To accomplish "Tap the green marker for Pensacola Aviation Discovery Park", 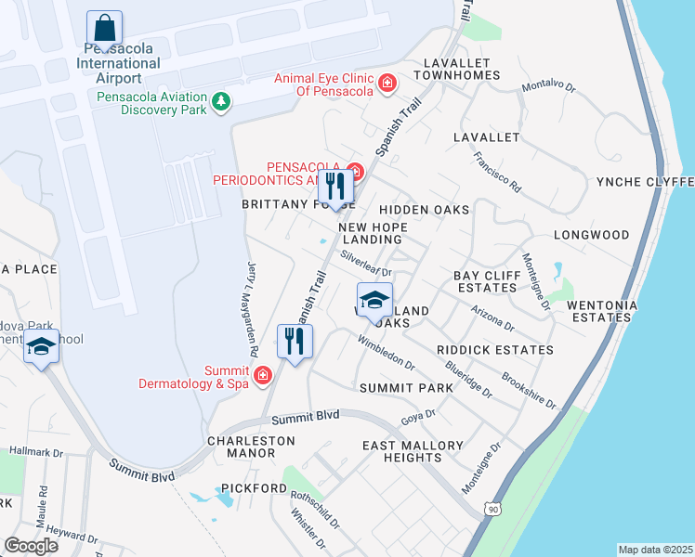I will coord(221,100).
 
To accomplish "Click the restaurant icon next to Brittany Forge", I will coord(335,186).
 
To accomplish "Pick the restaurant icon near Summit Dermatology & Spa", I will coord(295,342).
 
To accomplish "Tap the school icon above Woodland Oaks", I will coord(374,301).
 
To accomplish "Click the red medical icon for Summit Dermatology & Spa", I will coord(263,375).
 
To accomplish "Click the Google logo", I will coord(31,545).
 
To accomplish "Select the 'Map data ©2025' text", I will coord(654,550).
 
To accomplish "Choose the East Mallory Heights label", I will coord(413,452).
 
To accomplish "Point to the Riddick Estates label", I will coord(495,350).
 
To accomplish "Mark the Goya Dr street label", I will coord(417,419).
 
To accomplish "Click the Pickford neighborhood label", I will coord(254,488).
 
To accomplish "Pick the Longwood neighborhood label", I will coord(591,235).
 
